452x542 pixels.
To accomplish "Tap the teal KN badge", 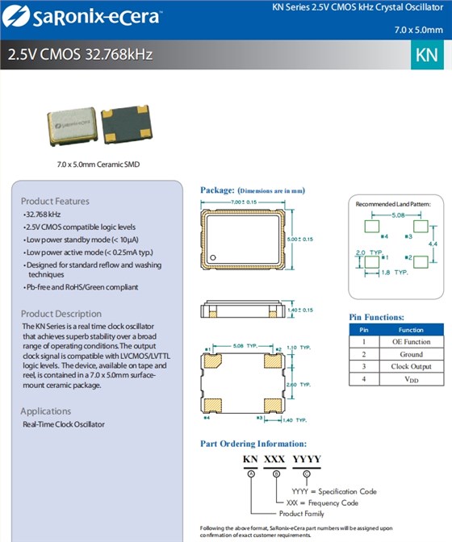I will pos(426,56).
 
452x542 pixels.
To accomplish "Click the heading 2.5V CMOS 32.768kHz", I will pos(80,56).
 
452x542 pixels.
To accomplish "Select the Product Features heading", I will pos(55,201).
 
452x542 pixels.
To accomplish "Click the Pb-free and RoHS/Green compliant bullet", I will pos(81,287).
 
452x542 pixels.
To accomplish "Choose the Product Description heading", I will pos(61,314).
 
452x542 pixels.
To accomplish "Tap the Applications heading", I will pos(46,411).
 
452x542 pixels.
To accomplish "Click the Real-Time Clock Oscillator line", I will pos(63,424).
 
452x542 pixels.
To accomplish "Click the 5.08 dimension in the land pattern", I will pos(397,216).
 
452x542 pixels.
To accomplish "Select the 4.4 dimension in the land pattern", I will pos(433,243).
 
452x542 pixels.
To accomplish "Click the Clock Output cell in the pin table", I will pos(410,366).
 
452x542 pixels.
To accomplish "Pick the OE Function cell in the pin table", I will pos(410,341).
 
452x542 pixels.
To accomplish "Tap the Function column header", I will pos(410,329).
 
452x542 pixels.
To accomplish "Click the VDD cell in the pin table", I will pos(410,378).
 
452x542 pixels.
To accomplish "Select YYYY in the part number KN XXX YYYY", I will pos(306,460).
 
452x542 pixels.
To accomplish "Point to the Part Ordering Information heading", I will pos(253,444).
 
